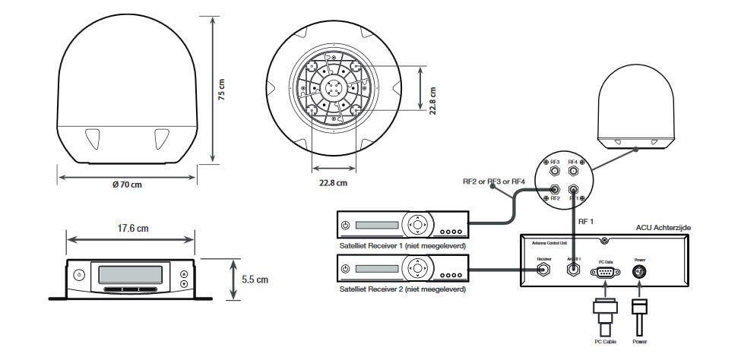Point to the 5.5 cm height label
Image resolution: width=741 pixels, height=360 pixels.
pos(255,279)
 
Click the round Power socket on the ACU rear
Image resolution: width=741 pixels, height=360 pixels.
pos(640,273)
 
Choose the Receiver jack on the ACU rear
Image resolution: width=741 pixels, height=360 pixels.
pos(543,273)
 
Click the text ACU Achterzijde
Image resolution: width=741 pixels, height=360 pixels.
pos(661,227)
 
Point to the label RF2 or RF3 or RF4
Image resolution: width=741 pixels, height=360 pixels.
pos(494,182)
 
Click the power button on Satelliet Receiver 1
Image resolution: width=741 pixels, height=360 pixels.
pos(346,225)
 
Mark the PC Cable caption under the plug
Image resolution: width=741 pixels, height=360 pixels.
pos(604,343)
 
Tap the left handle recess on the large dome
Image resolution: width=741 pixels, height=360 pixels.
pos(92,139)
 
